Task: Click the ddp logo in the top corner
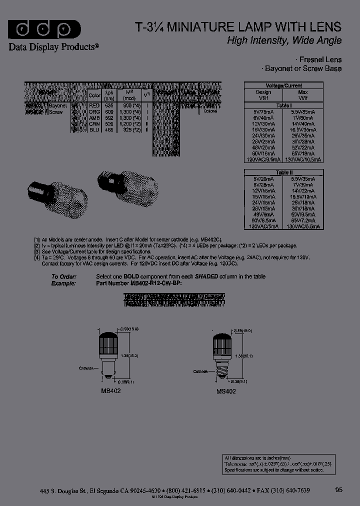(x=44, y=29)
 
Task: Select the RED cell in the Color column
(x=94, y=105)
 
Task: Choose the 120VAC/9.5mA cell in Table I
(x=264, y=159)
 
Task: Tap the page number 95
(x=338, y=490)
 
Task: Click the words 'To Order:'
(x=63, y=276)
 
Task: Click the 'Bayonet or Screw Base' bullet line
(x=302, y=68)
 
